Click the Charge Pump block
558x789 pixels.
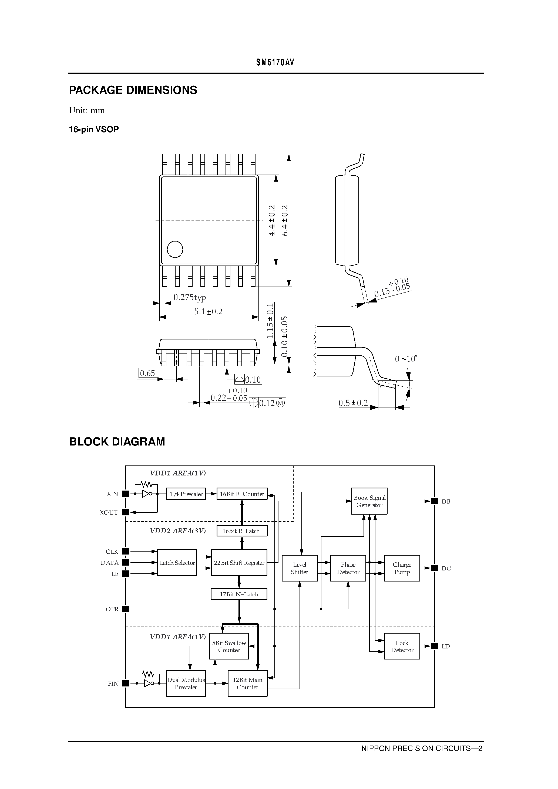(x=402, y=568)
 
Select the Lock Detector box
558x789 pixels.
(x=402, y=646)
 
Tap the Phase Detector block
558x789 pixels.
(x=348, y=568)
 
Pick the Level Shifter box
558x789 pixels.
(x=299, y=568)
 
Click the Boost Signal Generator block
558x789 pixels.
(x=369, y=501)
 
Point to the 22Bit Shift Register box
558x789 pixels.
(x=239, y=563)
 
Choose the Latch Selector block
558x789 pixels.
(x=177, y=563)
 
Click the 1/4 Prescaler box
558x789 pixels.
(x=186, y=494)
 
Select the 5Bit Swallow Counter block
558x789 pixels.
(x=229, y=646)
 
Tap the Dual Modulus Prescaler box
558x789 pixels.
(x=186, y=683)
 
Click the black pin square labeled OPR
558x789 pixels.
(x=126, y=609)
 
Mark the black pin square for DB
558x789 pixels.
(x=435, y=501)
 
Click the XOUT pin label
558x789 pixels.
(x=109, y=512)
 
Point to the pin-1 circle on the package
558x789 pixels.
(x=175, y=249)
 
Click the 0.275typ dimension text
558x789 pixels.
(x=190, y=297)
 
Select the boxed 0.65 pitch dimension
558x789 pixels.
(x=147, y=373)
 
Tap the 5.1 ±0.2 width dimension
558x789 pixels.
(x=209, y=312)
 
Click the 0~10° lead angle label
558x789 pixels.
(x=406, y=359)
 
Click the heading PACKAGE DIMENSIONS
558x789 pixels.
(x=133, y=90)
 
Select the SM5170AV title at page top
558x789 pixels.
(x=275, y=62)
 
